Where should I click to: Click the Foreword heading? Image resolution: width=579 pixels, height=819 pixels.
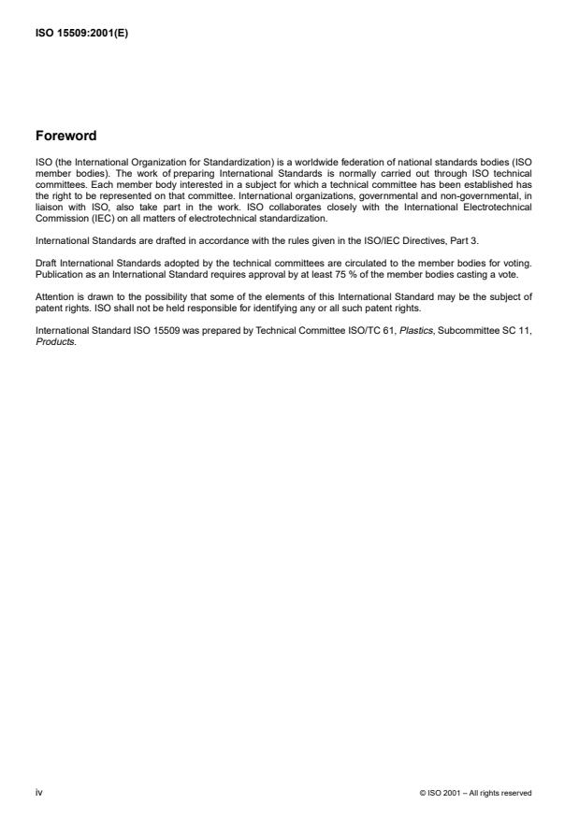[65, 136]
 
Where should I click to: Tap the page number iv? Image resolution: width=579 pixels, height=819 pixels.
[38, 792]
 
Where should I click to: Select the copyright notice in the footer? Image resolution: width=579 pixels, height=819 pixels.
[476, 793]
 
